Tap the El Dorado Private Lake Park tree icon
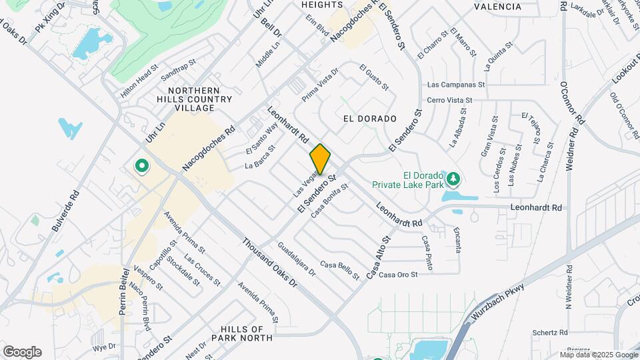click(x=454, y=179)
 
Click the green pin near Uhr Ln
click(x=141, y=166)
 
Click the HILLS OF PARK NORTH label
click(x=242, y=333)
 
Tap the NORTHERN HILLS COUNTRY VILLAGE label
click(x=194, y=99)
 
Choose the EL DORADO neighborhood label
click(x=365, y=119)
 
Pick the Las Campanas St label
click(x=455, y=85)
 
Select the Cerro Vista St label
click(x=449, y=100)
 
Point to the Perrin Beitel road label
click(x=123, y=297)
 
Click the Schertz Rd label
click(x=549, y=332)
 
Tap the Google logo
click(x=22, y=352)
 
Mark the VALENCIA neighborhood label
click(x=497, y=7)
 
